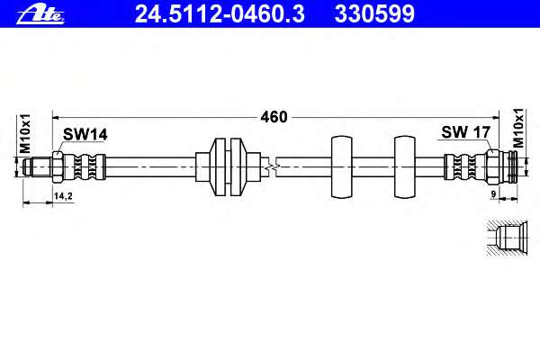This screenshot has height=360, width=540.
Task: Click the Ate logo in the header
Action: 40,14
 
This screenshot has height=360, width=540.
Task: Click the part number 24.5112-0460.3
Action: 220,14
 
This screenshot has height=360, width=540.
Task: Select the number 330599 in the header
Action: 374,14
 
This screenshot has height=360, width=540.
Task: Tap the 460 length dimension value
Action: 274,117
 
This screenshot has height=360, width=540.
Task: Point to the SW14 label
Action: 85,135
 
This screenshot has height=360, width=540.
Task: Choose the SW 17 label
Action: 465,132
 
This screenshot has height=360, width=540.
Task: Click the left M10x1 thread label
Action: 25,134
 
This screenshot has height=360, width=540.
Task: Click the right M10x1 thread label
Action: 518,128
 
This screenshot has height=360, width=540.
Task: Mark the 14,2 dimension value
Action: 63,196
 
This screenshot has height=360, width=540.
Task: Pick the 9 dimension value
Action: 493,194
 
